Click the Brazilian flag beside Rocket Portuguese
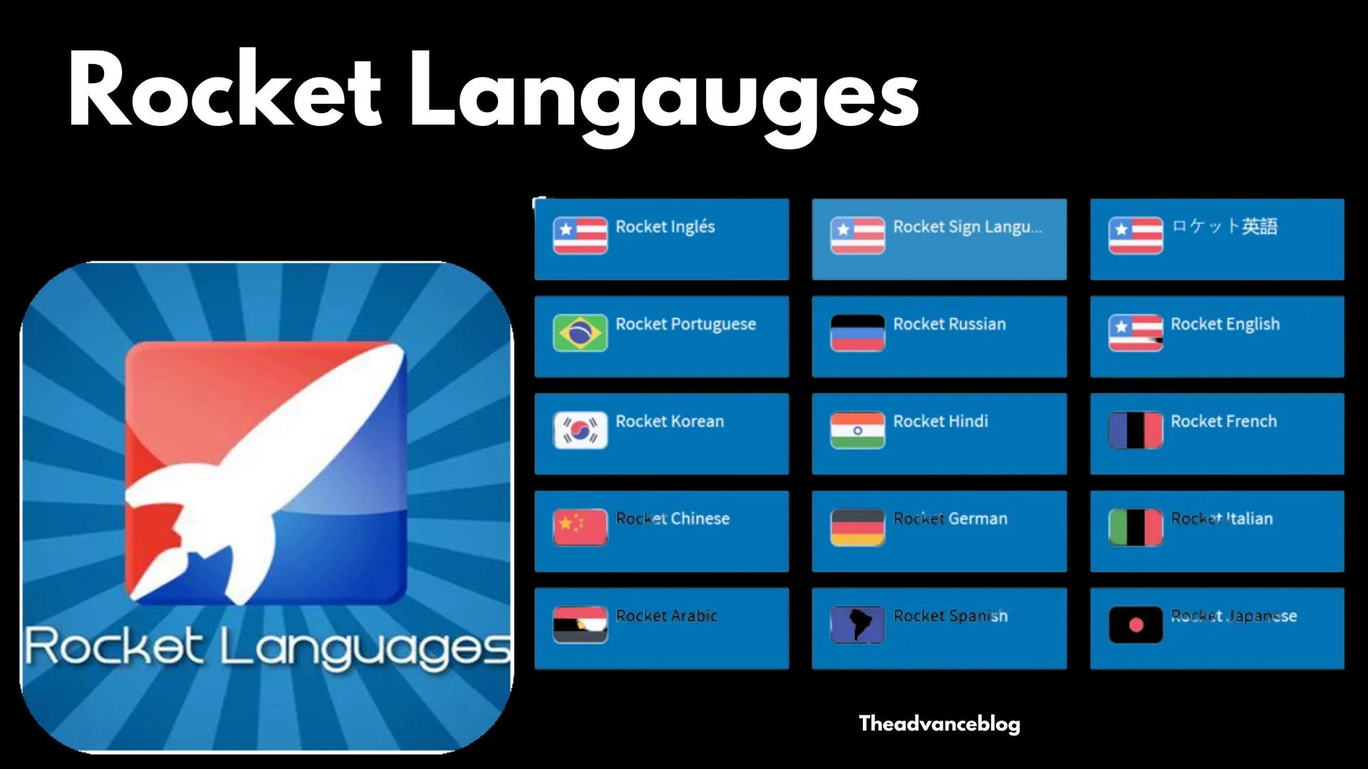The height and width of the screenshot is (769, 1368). coord(580,333)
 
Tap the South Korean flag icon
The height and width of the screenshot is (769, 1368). coord(580,430)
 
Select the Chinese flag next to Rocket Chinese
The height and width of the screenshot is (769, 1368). coord(580,527)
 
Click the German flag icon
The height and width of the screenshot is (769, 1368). coord(857,527)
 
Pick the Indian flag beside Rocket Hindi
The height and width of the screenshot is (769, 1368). coord(857,430)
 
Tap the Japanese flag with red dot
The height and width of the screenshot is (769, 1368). coord(1135,624)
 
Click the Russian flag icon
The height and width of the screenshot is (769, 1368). coord(857,333)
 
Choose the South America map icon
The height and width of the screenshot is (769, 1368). coord(857,624)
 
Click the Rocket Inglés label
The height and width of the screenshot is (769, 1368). coord(665,227)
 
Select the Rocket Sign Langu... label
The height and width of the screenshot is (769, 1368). coord(967,227)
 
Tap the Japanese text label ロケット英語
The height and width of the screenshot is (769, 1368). coord(1224,227)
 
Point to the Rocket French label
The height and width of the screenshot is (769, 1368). coord(1223,422)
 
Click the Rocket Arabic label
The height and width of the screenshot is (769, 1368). coord(666,616)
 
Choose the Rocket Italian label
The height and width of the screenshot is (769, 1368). coord(1221,518)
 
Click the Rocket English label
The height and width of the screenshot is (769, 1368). coord(1225,324)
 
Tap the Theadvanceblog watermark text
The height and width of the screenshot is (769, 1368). coord(939,724)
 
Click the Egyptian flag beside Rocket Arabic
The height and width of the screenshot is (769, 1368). coord(580,624)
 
